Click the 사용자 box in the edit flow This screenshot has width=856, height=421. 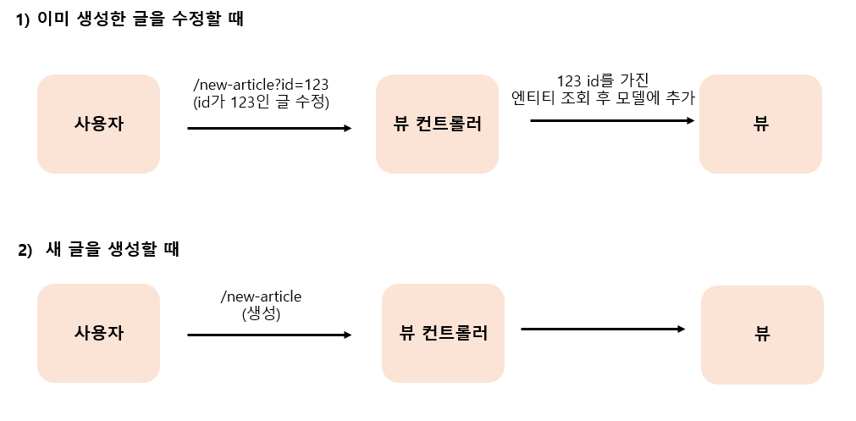click(98, 124)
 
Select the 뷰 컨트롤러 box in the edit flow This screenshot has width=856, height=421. click(437, 124)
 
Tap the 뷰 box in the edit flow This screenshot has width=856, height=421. click(760, 124)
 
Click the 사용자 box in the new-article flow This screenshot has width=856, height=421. click(98, 333)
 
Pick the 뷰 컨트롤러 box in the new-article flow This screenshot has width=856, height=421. click(443, 333)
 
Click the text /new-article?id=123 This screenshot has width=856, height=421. click(261, 86)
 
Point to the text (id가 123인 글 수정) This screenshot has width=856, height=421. click(261, 102)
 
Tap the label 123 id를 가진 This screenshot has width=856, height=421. click(603, 80)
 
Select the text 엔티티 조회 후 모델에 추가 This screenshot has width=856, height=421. click(603, 97)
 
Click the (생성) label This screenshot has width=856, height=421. click(261, 313)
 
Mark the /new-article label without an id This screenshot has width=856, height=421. click(261, 296)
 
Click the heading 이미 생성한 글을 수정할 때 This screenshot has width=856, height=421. click(141, 20)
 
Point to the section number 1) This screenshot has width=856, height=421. click(24, 21)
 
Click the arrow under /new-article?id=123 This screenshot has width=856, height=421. click(269, 129)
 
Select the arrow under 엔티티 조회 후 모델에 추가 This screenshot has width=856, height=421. click(612, 121)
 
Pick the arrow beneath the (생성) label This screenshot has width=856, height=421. click(269, 335)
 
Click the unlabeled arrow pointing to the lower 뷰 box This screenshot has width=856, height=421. click(603, 329)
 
